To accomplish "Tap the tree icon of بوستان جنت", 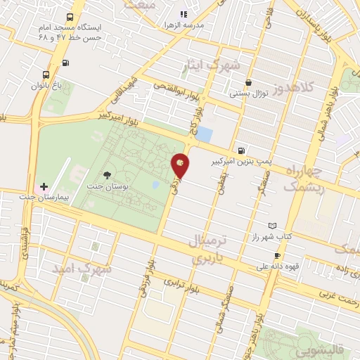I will coord(107,175).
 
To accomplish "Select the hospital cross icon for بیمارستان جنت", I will coord(44,187).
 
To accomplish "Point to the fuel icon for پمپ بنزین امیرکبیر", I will coord(242,150).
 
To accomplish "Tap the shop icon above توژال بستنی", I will coord(249,82).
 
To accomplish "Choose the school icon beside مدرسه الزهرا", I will coord(184,13).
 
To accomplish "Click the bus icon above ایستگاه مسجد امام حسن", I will coord(69,16).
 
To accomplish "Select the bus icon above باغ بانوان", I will coord(46,75).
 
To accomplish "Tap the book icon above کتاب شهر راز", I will coord(272,226).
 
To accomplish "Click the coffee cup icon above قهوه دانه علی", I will coord(277,255).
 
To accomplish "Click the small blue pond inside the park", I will coord(155,185).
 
